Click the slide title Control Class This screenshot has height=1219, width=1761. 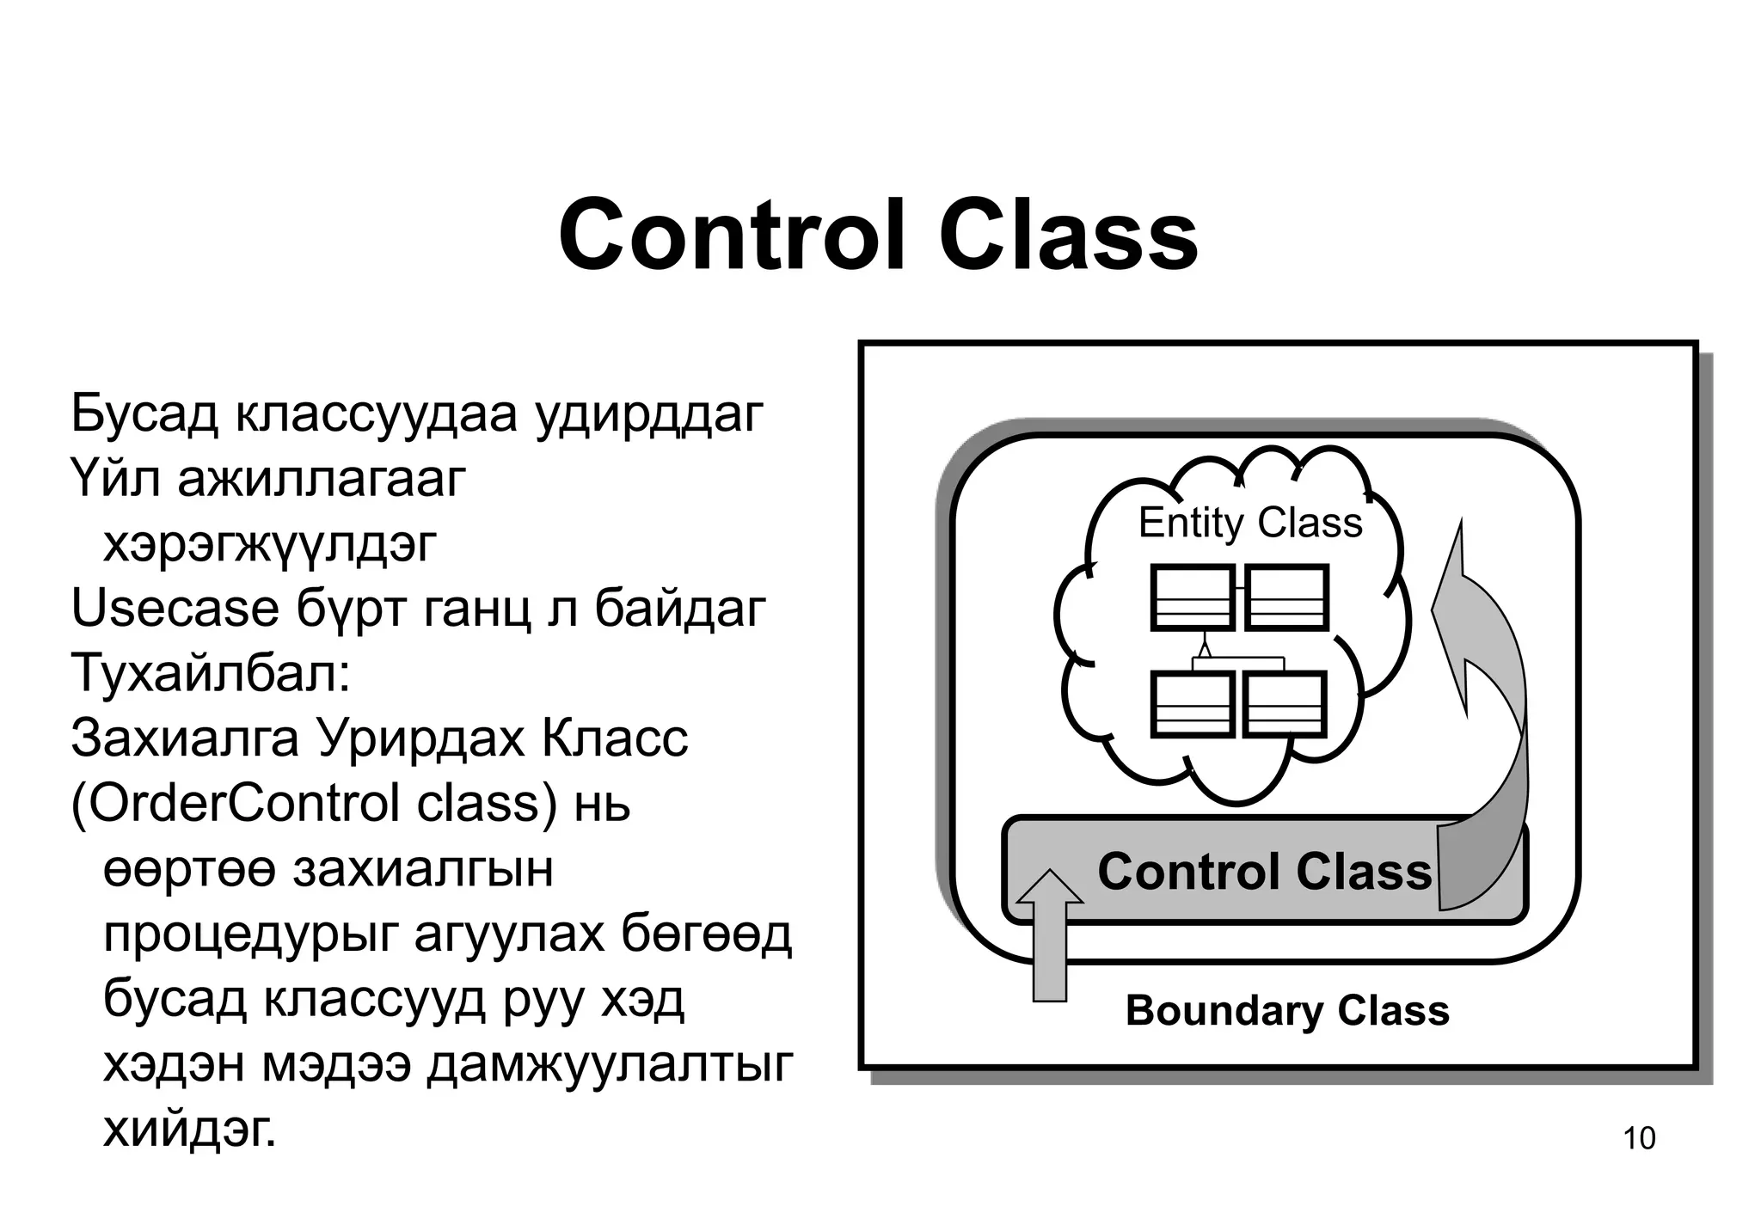pyautogui.click(x=878, y=235)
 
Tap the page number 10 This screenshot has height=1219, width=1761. pyautogui.click(x=1638, y=1138)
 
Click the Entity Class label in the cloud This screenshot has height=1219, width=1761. pyautogui.click(x=1249, y=523)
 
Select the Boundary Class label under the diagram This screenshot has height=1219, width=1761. pyautogui.click(x=1286, y=1010)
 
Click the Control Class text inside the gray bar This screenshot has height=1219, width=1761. pyautogui.click(x=1264, y=871)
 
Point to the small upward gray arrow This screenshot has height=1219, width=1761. pyautogui.click(x=1049, y=937)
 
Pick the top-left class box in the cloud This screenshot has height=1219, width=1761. pyautogui.click(x=1193, y=597)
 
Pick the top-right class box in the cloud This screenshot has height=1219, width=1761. pyautogui.click(x=1286, y=597)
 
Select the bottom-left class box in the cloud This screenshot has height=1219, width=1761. pyautogui.click(x=1193, y=704)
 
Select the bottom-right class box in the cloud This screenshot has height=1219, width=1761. pyautogui.click(x=1285, y=704)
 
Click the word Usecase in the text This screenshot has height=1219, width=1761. pyautogui.click(x=175, y=609)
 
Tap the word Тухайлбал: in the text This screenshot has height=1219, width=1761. pyautogui.click(x=211, y=673)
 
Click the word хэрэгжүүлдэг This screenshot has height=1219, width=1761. pyautogui.click(x=270, y=544)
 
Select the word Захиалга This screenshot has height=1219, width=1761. pyautogui.click(x=185, y=738)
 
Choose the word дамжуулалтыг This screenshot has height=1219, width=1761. pyautogui.click(x=610, y=1065)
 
